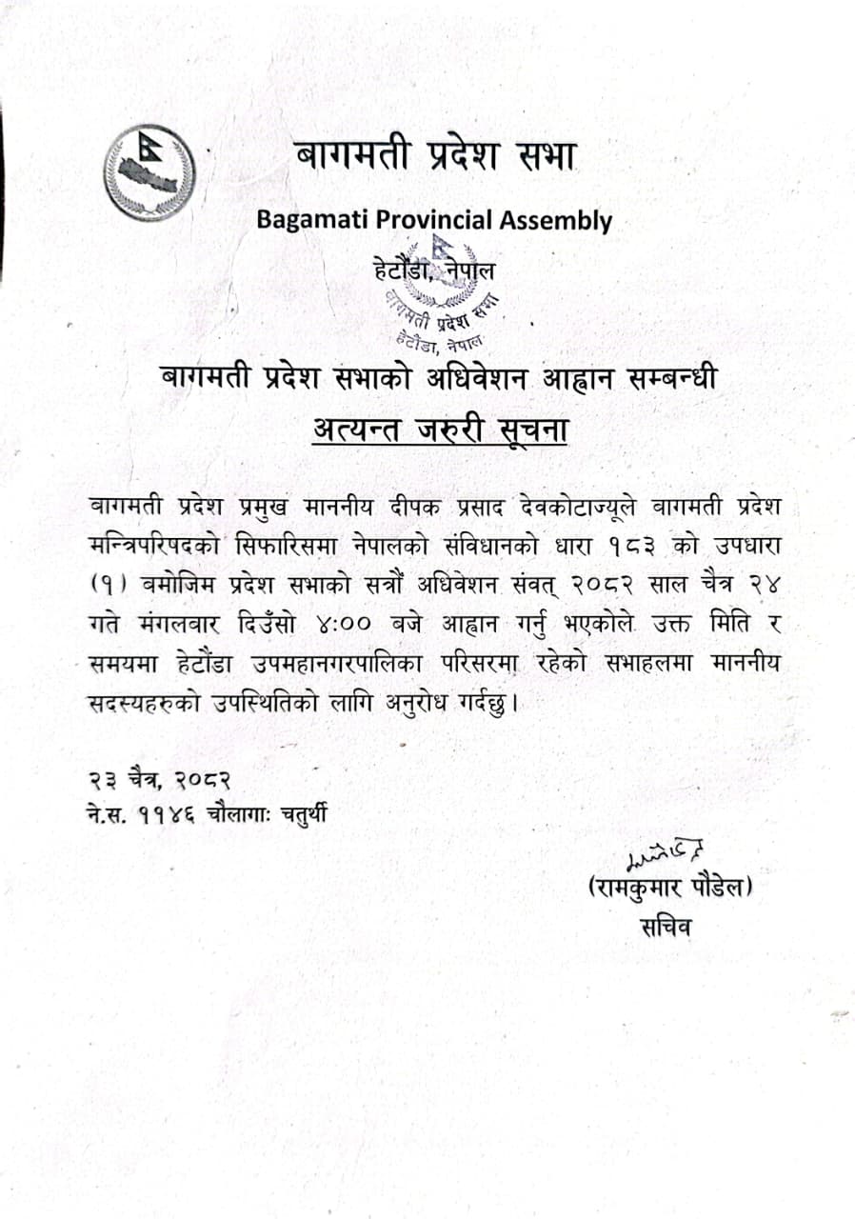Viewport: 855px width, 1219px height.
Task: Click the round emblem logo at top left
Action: pos(149,172)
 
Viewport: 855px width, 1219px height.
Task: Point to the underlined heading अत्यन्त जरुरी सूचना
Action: pos(441,430)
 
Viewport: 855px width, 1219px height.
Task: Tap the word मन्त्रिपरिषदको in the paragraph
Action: pos(156,544)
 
